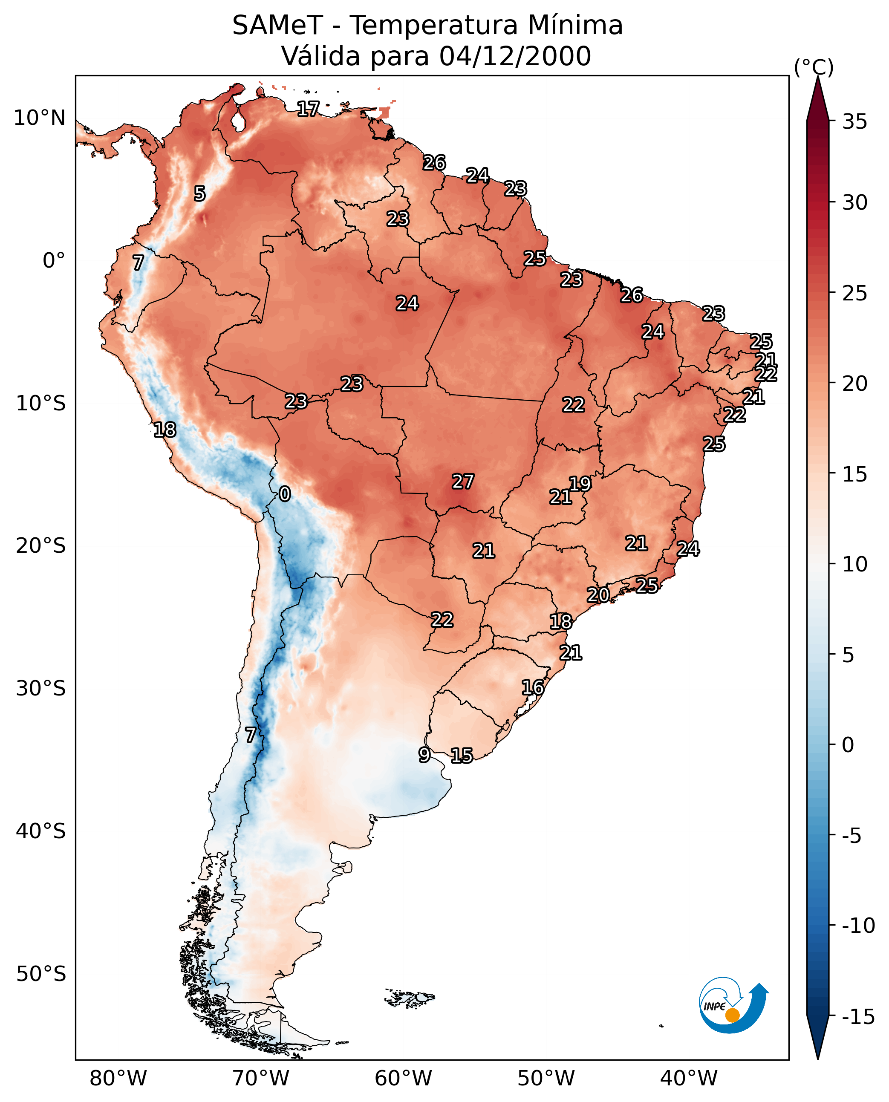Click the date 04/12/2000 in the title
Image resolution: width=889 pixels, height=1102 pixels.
pyautogui.click(x=515, y=56)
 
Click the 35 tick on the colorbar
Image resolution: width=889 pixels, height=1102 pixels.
pyautogui.click(x=854, y=122)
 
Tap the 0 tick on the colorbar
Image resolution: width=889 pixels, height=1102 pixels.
pyautogui.click(x=848, y=745)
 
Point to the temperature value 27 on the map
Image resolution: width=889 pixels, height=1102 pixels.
pyautogui.click(x=462, y=482)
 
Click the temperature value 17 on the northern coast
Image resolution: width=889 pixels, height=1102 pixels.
pyautogui.click(x=308, y=109)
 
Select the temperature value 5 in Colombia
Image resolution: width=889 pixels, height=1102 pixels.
pyautogui.click(x=200, y=193)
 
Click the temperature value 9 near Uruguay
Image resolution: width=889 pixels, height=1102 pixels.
pyautogui.click(x=424, y=754)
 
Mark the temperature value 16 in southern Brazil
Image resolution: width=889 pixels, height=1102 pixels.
pyautogui.click(x=533, y=687)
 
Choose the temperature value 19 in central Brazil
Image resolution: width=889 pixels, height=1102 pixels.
pyautogui.click(x=580, y=483)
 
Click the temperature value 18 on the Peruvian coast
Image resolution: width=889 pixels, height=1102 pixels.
pyautogui.click(x=165, y=430)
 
